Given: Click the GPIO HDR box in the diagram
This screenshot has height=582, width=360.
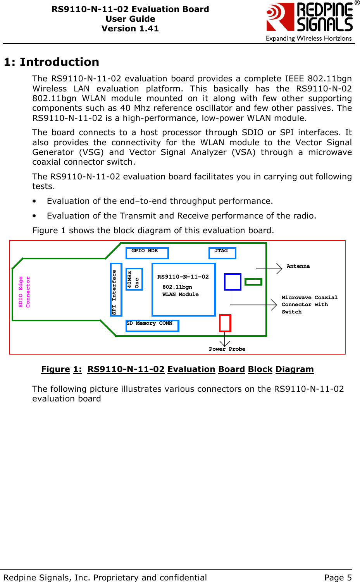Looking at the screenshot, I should [147, 253].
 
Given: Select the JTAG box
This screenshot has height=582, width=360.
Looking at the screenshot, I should [222, 253].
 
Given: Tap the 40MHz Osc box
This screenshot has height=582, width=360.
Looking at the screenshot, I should [134, 279].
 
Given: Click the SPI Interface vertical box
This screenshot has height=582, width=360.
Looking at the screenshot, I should [116, 289].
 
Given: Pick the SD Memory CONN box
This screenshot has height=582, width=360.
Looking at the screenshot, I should [152, 325].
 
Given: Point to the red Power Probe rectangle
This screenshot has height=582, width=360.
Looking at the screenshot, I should [225, 323].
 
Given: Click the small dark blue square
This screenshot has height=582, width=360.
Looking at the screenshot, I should [233, 282].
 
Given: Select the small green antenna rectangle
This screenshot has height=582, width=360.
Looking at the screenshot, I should [253, 282].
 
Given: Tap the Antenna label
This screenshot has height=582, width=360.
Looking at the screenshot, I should [298, 266].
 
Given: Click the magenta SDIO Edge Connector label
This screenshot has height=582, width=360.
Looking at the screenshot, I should [24, 292].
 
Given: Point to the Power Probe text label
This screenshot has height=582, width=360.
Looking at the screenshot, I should [227, 349].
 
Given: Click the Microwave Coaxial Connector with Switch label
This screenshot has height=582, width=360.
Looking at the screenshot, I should [309, 305].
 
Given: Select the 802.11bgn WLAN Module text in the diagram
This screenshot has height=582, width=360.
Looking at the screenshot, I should [180, 291].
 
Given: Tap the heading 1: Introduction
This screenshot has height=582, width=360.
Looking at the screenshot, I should [52, 62].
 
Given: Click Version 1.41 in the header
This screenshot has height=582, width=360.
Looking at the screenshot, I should [130, 29].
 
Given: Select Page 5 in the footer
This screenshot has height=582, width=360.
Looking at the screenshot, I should [338, 577].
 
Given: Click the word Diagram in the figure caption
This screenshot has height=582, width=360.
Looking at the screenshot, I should [295, 369].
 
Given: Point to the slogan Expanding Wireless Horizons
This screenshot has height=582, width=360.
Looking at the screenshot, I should [308, 38].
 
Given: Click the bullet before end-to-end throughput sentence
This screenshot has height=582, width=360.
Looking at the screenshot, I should [35, 201].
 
